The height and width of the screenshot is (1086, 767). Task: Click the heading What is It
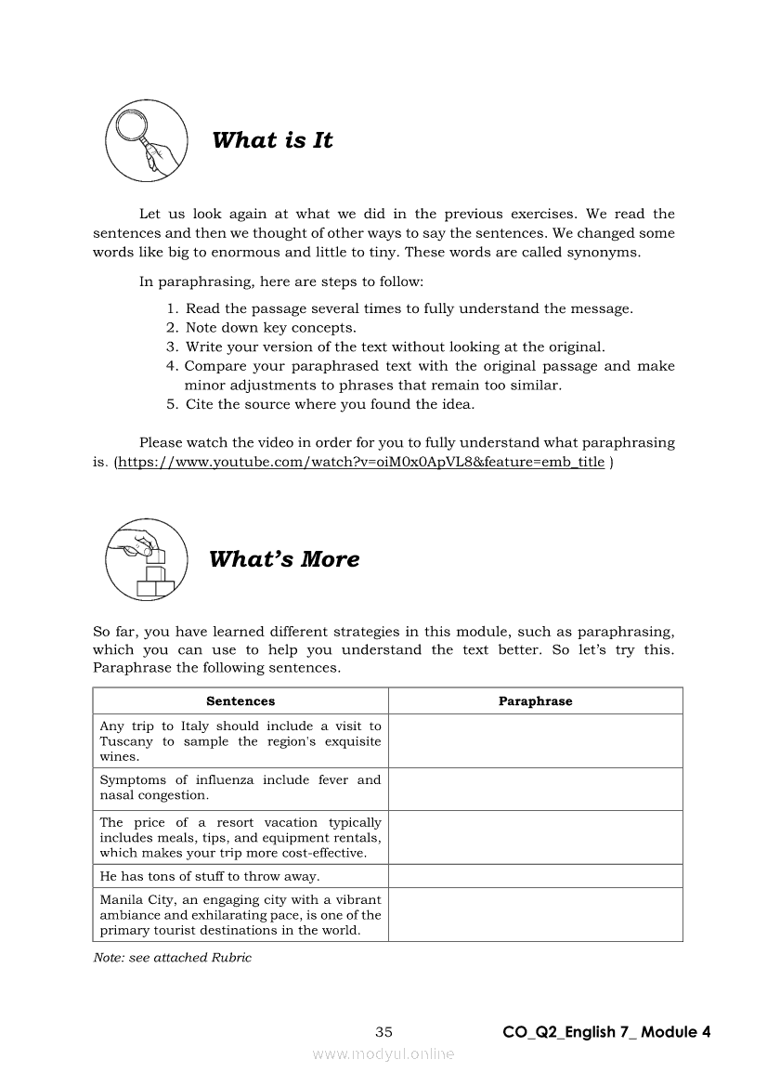272,140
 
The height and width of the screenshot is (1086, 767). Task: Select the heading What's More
284,559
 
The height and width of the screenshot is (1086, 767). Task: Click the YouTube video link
360,462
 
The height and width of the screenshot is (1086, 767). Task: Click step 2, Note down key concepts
270,327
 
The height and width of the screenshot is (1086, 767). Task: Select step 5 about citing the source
330,404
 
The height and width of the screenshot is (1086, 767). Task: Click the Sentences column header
240,701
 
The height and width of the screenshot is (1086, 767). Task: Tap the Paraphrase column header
535,701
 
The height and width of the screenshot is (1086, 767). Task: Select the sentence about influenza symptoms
240,788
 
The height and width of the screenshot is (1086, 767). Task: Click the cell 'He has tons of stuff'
210,876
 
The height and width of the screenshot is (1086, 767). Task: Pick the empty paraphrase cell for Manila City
535,914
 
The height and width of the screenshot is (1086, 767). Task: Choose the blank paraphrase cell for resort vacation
535,837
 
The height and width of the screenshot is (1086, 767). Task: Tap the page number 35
384,1031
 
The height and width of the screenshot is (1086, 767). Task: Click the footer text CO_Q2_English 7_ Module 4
606,1031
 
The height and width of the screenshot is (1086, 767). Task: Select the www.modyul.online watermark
383,1053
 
